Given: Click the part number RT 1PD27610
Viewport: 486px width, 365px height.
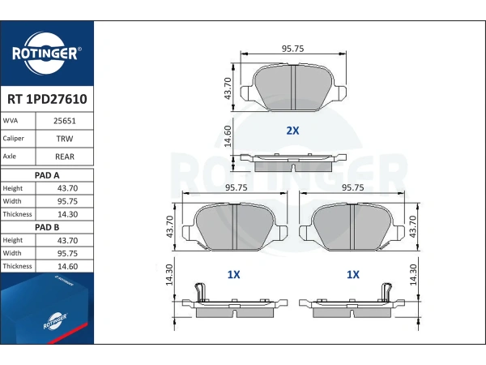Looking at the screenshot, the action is coord(47,99).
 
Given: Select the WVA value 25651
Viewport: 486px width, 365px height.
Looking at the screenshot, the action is coord(65,121).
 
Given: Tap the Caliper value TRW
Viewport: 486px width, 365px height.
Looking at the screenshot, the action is coord(65,139).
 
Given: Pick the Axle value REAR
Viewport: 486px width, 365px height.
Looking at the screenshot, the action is coord(65,157).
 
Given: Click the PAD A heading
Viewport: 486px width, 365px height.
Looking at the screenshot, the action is coord(47,175).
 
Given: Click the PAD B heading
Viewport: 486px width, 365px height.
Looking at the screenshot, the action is coord(47,227).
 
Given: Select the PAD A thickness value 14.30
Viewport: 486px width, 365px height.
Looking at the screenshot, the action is coord(67,214).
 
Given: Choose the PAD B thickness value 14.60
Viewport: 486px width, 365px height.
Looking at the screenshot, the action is coord(67,266).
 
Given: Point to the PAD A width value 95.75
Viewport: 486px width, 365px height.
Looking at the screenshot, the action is coord(67,201).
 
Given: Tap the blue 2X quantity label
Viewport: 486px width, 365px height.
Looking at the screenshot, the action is coord(292,131).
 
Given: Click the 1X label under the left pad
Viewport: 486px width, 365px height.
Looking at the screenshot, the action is coord(233,274).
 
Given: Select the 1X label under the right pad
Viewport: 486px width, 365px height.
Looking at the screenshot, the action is coord(352,274).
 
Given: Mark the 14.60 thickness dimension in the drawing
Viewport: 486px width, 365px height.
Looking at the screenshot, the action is coord(228,136).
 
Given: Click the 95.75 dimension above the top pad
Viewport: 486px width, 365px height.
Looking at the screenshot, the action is coord(292,49).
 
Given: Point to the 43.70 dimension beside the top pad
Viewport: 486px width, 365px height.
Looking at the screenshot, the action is coord(228,88).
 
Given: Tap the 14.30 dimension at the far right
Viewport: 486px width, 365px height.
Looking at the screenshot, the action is coord(413,275).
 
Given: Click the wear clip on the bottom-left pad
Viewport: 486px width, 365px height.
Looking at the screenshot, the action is coord(200,292).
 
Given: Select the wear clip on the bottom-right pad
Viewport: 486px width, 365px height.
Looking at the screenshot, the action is coord(386,292).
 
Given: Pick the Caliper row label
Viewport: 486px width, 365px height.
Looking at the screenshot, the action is coord(13,139).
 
